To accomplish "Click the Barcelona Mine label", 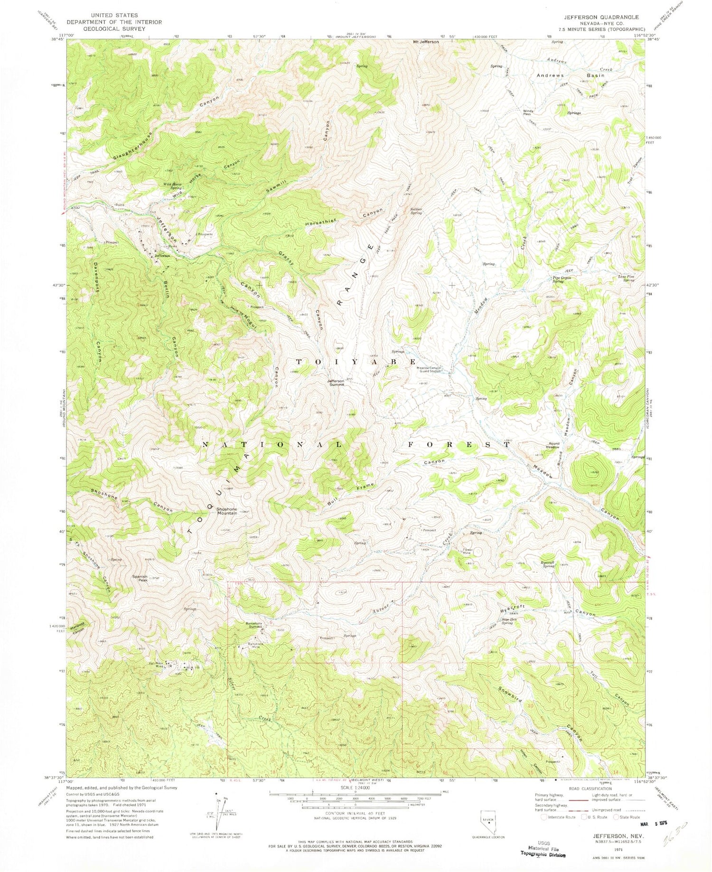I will [255, 646].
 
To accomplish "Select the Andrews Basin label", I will [570, 75].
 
